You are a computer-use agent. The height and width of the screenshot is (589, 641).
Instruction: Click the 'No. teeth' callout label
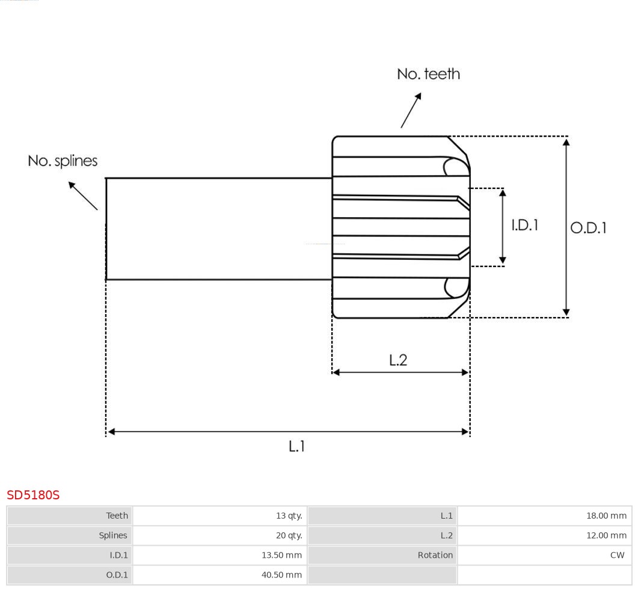[x=428, y=74]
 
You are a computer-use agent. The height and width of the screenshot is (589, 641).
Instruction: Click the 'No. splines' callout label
[x=63, y=161]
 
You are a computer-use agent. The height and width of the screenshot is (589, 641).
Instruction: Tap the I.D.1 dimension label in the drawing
[x=524, y=225]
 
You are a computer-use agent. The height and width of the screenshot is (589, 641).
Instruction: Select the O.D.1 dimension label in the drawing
[x=588, y=228]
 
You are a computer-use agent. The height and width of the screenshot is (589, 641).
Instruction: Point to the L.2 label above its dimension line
[x=398, y=360]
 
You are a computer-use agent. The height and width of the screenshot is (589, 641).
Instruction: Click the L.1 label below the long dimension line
[x=297, y=446]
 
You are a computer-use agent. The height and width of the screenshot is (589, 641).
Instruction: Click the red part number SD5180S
[x=33, y=495]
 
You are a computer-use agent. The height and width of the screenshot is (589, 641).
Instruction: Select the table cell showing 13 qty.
[x=289, y=516]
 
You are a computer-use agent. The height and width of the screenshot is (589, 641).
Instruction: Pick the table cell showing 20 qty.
[x=289, y=535]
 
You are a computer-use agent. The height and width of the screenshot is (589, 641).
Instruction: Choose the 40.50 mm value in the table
[x=281, y=575]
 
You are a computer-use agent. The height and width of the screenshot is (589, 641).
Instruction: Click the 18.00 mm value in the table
[x=606, y=516]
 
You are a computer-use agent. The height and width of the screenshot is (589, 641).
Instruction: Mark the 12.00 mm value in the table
[x=606, y=535]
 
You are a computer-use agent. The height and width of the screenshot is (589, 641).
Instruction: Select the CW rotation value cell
[x=617, y=555]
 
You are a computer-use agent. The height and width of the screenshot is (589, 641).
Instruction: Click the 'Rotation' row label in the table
[x=435, y=555]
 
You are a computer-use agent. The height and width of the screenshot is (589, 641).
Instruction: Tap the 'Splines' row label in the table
[x=113, y=535]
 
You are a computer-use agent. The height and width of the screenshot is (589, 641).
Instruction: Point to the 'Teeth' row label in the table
[x=117, y=516]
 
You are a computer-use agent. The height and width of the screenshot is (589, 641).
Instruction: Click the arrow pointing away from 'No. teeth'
[x=411, y=110]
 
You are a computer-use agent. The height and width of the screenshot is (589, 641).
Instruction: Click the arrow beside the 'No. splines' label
[x=82, y=196]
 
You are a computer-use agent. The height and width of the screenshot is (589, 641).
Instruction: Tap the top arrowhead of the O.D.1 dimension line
[x=566, y=142]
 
